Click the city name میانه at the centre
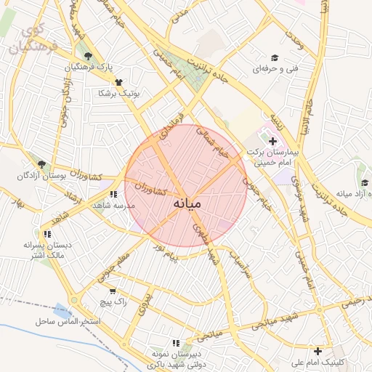pos(185,204)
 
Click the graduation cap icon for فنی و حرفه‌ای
pos(275,57)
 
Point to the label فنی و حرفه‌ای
pos(272,70)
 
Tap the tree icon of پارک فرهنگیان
pos(89,56)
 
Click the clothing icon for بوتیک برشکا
pos(118,82)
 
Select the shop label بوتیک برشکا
pos(121,94)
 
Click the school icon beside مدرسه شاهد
pos(113,194)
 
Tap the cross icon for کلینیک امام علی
pos(318,351)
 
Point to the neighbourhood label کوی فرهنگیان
pos(27,41)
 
